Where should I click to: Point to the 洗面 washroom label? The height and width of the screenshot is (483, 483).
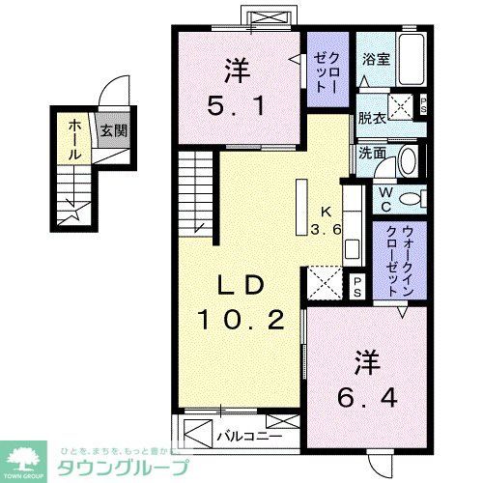point(372,152)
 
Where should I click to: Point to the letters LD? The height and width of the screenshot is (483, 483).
point(241,286)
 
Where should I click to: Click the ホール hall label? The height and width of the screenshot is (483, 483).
point(75,140)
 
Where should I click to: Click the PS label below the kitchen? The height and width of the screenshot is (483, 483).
point(356,284)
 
